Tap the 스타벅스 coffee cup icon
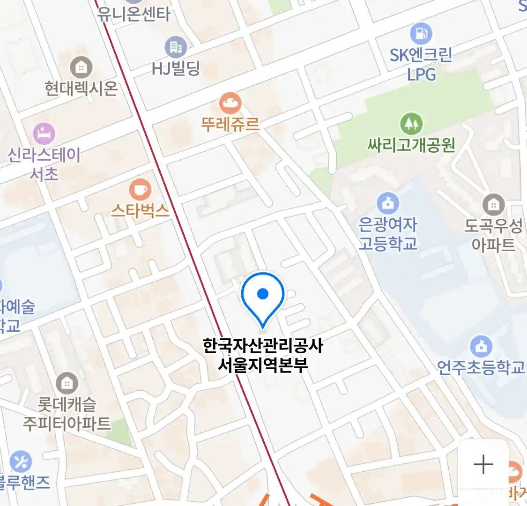pyautogui.click(x=140, y=190)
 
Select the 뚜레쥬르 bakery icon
pyautogui.click(x=230, y=103)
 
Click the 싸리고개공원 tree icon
pyautogui.click(x=411, y=124)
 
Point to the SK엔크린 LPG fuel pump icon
pyautogui.click(x=421, y=33)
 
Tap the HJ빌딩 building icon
pyautogui.click(x=176, y=47)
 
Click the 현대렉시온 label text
pyautogui.click(x=81, y=88)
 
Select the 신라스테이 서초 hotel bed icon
pyautogui.click(x=44, y=134)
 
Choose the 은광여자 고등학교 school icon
pyautogui.click(x=388, y=203)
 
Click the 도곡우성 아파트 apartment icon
pyautogui.click(x=493, y=204)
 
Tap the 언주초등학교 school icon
pyautogui.click(x=481, y=347)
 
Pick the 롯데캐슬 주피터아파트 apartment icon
pyautogui.click(x=67, y=383)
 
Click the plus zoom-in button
pyautogui.click(x=483, y=464)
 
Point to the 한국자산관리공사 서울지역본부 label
pyautogui.click(x=263, y=355)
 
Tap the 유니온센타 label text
pyautogui.click(x=134, y=14)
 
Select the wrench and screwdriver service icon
pyautogui.click(x=21, y=461)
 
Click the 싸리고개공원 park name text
pyautogui.click(x=411, y=145)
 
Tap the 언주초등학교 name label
pyautogui.click(x=481, y=367)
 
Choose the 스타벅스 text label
pyautogui.click(x=140, y=211)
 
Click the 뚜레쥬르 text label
pyautogui.click(x=230, y=125)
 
